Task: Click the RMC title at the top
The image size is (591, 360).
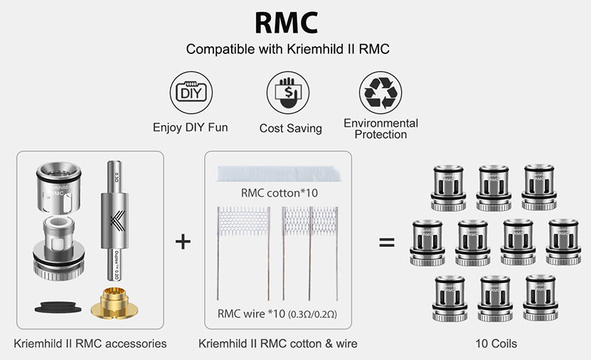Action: (286, 22)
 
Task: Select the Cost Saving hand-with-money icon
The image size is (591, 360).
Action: (288, 92)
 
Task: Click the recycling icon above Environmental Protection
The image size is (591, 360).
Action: (380, 92)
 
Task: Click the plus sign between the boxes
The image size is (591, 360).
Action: (183, 242)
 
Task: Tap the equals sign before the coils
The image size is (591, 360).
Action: (386, 242)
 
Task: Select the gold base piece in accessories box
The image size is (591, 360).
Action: (115, 303)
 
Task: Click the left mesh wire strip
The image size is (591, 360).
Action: (242, 221)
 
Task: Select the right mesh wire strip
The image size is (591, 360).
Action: (308, 221)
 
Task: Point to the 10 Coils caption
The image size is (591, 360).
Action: (496, 344)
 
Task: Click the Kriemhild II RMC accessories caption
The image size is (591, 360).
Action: (90, 344)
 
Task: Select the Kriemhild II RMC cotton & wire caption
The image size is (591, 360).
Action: (278, 344)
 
